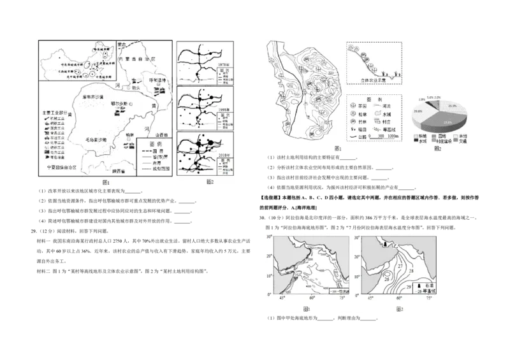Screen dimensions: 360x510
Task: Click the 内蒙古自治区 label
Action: [140, 59]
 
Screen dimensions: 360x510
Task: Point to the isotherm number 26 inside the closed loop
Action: [386, 278]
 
